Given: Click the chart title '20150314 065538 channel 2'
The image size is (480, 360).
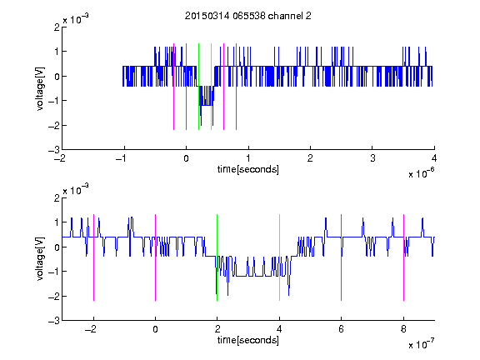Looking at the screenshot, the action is (248, 16).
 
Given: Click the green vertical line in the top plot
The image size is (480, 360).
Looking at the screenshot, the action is (198, 87).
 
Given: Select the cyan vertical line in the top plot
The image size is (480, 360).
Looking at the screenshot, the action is (211, 87).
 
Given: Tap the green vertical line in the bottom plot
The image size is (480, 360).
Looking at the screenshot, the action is (217, 257).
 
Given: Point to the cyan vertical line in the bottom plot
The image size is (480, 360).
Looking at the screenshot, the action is (279, 257).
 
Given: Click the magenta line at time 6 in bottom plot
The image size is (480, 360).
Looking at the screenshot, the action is (342, 257).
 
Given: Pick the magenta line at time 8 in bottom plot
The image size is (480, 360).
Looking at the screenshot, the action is (404, 257).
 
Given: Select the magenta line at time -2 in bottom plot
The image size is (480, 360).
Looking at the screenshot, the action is (93, 257).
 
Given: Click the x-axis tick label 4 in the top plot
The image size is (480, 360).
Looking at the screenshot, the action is (434, 158).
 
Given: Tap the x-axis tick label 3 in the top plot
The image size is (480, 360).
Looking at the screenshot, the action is (372, 158).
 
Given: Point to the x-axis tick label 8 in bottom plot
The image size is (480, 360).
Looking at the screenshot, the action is (403, 329).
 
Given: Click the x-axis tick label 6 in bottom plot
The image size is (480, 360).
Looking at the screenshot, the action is (342, 329).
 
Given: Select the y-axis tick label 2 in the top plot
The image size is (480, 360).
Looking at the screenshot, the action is (57, 27).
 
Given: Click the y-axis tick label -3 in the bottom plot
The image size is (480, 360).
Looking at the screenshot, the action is (54, 321).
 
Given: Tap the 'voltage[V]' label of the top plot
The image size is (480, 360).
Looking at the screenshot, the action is (40, 89).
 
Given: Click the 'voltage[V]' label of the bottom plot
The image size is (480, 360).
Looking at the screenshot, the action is (40, 259).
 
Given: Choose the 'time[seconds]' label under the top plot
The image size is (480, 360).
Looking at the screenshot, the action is (248, 169).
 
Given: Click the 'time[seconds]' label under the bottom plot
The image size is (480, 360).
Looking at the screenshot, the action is (248, 340).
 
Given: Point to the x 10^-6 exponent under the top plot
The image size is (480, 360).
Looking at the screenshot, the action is (422, 173).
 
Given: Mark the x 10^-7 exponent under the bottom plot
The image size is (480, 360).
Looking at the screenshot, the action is (422, 344).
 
